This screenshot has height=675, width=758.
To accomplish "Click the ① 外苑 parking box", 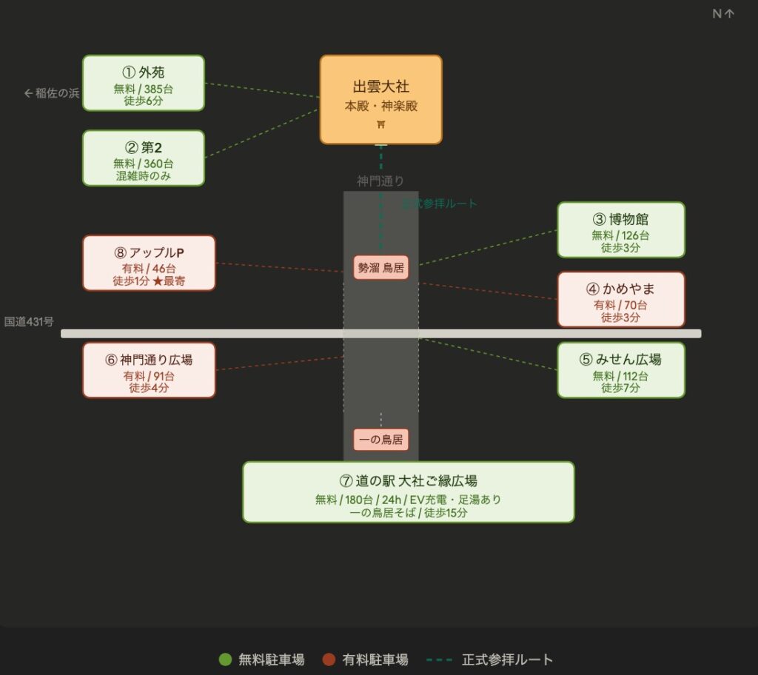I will click(x=143, y=83).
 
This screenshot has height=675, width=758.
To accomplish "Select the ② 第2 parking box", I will click(x=143, y=158).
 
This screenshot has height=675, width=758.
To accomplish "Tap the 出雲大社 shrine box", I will click(x=380, y=98).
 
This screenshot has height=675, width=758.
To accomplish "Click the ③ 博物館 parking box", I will click(x=620, y=229).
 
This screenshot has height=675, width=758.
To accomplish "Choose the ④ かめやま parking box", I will click(x=620, y=299).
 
